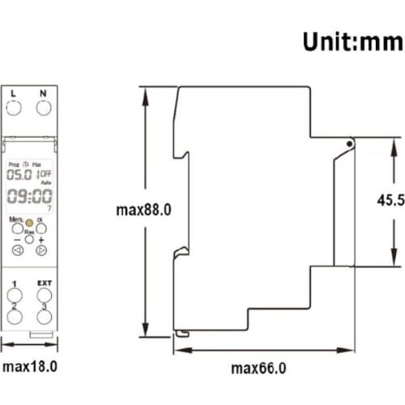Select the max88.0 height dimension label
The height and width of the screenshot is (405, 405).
click(145, 210)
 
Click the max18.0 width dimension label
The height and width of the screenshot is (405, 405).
click(29, 366)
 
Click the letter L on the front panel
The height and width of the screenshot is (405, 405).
click(13, 93)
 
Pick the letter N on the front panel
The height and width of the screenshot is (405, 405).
click(42, 93)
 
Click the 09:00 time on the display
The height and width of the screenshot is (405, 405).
click(27, 197)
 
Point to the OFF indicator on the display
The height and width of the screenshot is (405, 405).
click(45, 173)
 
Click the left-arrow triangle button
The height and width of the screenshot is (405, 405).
click(16, 250)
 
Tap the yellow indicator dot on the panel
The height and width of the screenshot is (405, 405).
click(28, 222)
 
